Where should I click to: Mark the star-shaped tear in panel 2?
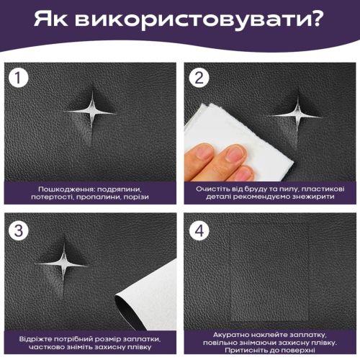(297, 113)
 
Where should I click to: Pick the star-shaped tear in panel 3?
(64, 264)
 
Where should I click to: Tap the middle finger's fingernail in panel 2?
(234, 153)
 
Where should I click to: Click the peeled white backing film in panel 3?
(151, 295)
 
